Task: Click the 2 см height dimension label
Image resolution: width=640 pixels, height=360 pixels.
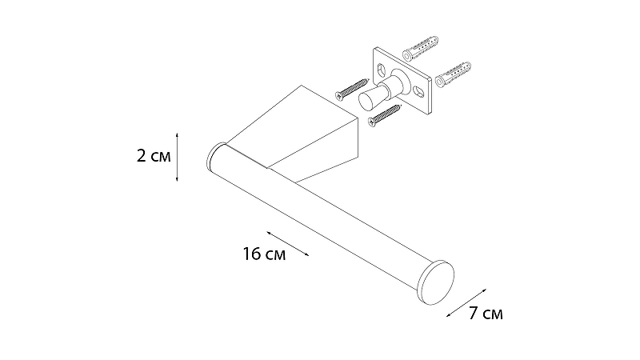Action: (154, 156)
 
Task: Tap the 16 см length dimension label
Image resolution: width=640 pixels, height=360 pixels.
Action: (264, 254)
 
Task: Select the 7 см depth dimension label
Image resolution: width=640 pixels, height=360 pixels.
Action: (486, 314)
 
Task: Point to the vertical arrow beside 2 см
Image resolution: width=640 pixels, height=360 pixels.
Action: (177, 157)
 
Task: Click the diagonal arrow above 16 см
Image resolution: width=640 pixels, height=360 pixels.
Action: (288, 244)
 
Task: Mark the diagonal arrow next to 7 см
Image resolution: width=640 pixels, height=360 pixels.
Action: (466, 303)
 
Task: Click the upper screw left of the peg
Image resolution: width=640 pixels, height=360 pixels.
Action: (352, 89)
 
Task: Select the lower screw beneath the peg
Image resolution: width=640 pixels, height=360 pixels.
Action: (385, 115)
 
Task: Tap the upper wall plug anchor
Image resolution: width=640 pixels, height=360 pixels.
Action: (421, 48)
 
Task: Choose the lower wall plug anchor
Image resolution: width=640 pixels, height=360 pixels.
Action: (453, 74)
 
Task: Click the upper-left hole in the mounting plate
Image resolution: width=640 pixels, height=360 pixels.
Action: (382, 69)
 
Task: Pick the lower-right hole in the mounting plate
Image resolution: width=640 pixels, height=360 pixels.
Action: (418, 90)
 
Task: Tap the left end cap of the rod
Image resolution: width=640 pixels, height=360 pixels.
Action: (216, 156)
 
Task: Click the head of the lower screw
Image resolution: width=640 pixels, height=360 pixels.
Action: (371, 122)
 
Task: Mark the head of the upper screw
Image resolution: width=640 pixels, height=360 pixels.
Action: (339, 95)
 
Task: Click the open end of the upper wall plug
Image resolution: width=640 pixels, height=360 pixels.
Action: (407, 55)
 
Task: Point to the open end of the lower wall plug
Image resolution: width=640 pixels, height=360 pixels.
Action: (439, 82)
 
